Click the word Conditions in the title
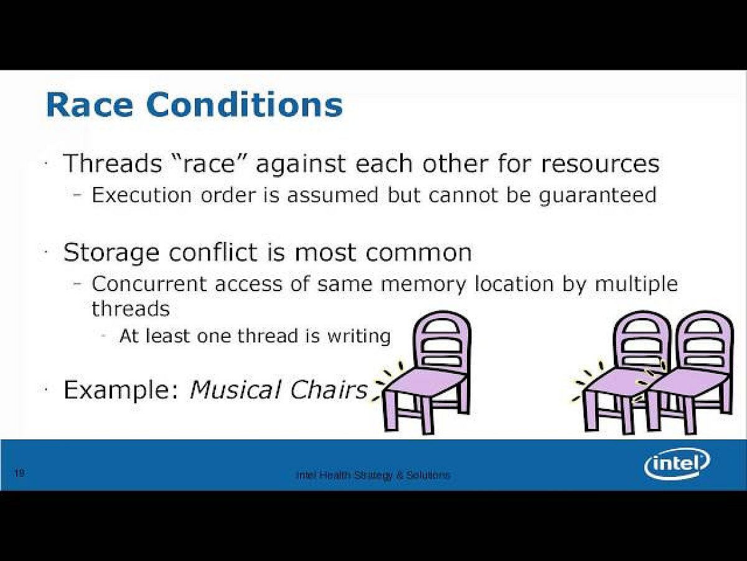click(245, 104)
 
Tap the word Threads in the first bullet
click(113, 163)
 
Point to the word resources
click(600, 164)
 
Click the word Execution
click(142, 196)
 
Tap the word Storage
click(111, 253)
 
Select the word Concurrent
click(149, 284)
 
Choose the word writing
click(359, 337)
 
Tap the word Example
click(121, 390)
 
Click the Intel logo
click(677, 464)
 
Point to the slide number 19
click(20, 472)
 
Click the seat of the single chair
click(425, 381)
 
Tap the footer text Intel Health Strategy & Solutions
click(374, 475)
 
